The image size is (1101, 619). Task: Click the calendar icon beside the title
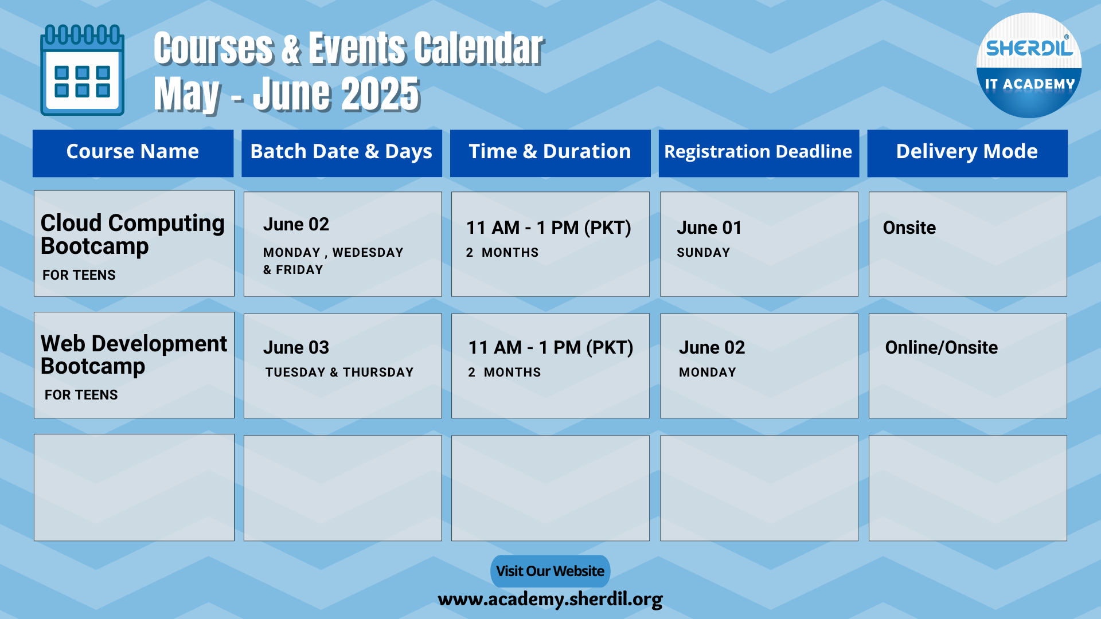click(82, 69)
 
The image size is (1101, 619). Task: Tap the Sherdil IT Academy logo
click(1029, 65)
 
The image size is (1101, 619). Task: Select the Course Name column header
click(132, 151)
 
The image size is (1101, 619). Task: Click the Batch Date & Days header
click(341, 151)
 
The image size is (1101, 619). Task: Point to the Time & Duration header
click(550, 151)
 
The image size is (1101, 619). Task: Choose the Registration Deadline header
click(758, 151)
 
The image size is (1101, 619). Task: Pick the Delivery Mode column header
click(967, 151)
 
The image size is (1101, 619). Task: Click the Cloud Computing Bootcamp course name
click(132, 234)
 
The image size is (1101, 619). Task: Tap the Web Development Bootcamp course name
click(134, 354)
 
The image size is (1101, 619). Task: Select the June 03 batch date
click(296, 347)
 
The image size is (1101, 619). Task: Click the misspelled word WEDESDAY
click(368, 252)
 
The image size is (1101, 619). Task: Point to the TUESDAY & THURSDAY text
click(339, 372)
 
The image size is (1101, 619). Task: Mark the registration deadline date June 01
click(709, 228)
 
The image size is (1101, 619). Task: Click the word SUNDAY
click(703, 252)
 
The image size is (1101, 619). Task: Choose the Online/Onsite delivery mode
click(941, 347)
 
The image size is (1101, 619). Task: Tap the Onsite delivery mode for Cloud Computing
click(909, 228)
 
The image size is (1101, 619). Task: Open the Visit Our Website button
click(550, 571)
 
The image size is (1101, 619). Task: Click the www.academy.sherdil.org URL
click(550, 600)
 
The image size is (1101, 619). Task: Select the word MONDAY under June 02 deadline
click(707, 372)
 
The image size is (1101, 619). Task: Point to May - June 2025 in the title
click(287, 94)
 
